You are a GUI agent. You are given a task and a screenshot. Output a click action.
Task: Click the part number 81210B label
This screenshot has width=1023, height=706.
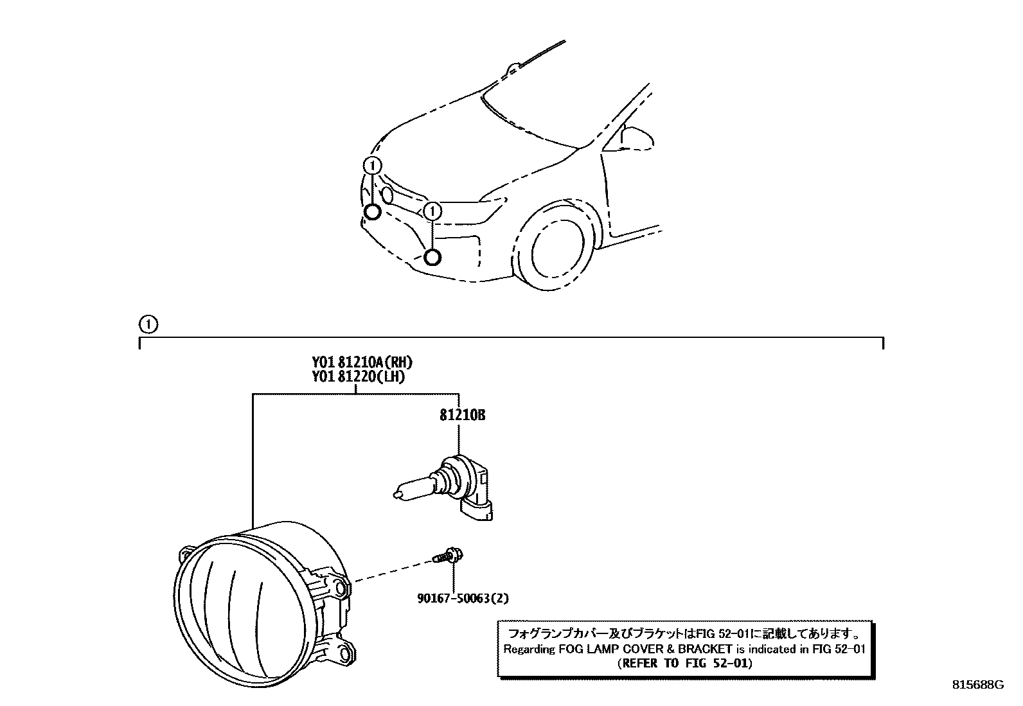[462, 415]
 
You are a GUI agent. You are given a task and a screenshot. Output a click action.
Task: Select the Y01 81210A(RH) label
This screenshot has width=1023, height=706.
[361, 362]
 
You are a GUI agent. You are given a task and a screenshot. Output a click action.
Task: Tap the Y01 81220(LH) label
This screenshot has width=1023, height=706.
[358, 376]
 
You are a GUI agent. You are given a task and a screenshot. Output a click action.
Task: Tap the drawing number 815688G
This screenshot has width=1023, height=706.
[977, 685]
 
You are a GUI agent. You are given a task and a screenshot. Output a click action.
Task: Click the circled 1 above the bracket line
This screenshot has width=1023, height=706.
[148, 324]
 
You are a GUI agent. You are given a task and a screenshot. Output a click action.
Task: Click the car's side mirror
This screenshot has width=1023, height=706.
[637, 137]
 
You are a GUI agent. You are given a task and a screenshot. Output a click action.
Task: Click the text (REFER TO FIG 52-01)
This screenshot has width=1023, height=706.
[684, 663]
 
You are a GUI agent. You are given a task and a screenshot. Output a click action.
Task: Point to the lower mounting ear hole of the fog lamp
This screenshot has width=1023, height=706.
[345, 654]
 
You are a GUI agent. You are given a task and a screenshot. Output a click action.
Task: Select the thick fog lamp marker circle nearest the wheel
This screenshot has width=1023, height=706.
[432, 257]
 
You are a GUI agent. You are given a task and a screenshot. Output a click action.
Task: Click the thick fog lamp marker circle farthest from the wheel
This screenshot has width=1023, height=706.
[371, 213]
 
